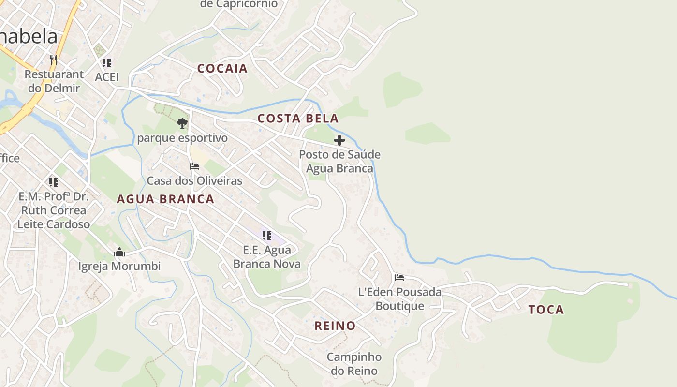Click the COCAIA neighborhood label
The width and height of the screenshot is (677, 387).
pyautogui.click(x=222, y=68)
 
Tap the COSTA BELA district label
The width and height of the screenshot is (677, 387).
pyautogui.click(x=297, y=119)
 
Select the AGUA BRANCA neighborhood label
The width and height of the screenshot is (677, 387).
pyautogui.click(x=165, y=199)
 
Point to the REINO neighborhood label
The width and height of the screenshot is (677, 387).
pyautogui.click(x=335, y=326)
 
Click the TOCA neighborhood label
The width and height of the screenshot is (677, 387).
pyautogui.click(x=546, y=310)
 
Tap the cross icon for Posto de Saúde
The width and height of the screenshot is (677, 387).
pyautogui.click(x=339, y=140)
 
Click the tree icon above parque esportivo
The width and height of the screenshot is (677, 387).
pyautogui.click(x=182, y=123)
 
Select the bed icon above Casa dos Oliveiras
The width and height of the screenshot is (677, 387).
pyautogui.click(x=194, y=166)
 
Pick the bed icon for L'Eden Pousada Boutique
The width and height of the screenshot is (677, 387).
pyautogui.click(x=399, y=277)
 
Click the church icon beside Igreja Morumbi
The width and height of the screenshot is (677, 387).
pyautogui.click(x=119, y=252)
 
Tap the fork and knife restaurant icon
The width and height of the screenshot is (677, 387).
pyautogui.click(x=54, y=60)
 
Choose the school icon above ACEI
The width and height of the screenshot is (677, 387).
pyautogui.click(x=107, y=62)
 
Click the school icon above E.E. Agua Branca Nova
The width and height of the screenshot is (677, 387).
pyautogui.click(x=266, y=235)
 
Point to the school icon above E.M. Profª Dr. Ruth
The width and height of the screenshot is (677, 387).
pyautogui.click(x=53, y=182)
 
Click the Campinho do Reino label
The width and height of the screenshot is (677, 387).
pyautogui.click(x=354, y=364)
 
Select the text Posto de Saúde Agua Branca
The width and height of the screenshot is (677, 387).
pyautogui.click(x=339, y=161)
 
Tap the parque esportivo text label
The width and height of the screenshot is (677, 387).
pyautogui.click(x=182, y=138)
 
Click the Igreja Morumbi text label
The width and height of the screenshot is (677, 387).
pyautogui.click(x=119, y=266)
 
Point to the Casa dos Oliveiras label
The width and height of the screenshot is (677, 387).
pyautogui.click(x=194, y=181)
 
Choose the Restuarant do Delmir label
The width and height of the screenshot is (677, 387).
pyautogui.click(x=54, y=81)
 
